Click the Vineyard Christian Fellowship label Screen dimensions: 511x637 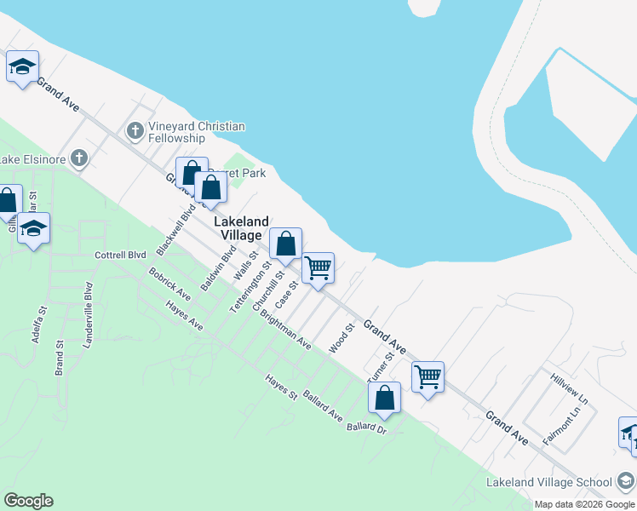[x=196, y=132]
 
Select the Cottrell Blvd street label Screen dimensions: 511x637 [x=120, y=255]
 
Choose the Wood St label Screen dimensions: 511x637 [x=341, y=338]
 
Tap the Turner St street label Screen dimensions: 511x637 [x=378, y=367]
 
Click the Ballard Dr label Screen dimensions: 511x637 [x=367, y=427]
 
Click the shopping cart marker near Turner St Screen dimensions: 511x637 [x=428, y=376]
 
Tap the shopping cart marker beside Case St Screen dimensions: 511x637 [x=318, y=268]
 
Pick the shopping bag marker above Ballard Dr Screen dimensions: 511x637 [x=385, y=397]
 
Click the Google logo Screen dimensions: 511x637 [x=28, y=501]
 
